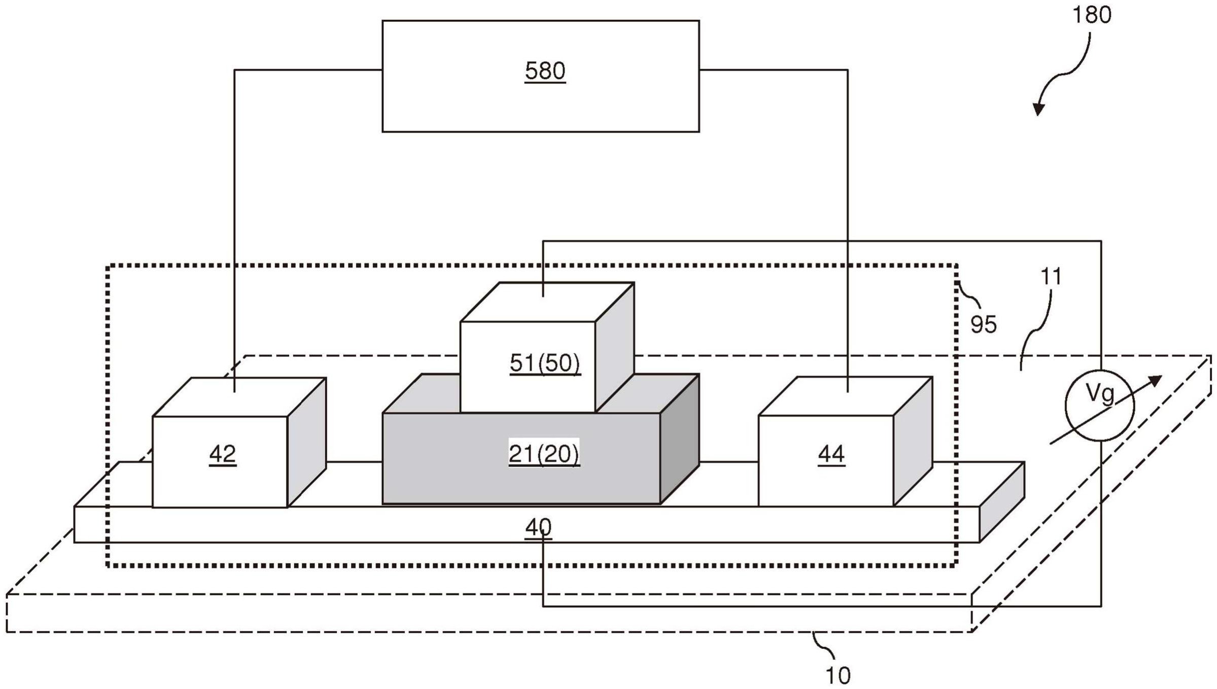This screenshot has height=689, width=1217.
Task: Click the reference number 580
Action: [x=545, y=71]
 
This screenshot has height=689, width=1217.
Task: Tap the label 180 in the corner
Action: [x=1092, y=15]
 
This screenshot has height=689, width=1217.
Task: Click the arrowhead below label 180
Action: [x=1038, y=108]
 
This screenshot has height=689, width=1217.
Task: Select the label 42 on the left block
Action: [x=223, y=454]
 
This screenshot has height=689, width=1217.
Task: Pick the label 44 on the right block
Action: [x=831, y=454]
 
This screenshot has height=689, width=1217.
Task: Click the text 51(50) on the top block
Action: [x=545, y=363]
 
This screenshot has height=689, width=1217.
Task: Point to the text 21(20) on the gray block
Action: [x=544, y=454]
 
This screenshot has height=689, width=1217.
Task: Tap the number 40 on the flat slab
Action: [x=538, y=528]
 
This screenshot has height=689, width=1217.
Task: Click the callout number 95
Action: [x=984, y=324]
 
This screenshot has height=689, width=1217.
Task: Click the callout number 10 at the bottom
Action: [x=838, y=675]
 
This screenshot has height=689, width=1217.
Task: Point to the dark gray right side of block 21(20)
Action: [x=680, y=439]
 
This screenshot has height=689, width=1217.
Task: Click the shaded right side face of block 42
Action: [x=307, y=442]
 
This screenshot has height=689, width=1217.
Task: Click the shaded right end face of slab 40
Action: [x=1002, y=502]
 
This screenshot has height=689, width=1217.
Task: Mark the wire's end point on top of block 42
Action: [x=234, y=392]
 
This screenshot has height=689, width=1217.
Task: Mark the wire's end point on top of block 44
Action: [x=848, y=392]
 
